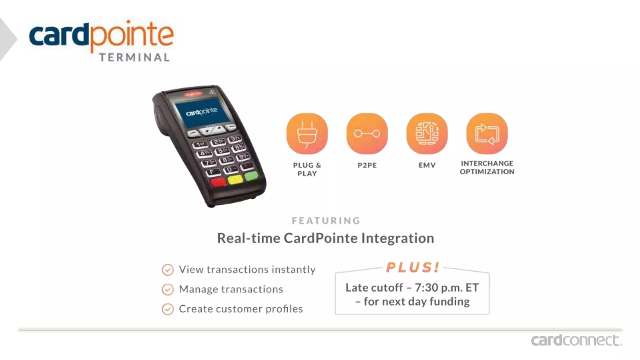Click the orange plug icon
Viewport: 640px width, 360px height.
(307, 133)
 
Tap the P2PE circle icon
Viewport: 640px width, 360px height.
(367, 133)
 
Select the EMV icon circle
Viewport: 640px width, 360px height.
(427, 133)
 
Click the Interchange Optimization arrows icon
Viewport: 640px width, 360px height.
(487, 133)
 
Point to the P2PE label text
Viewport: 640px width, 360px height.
(367, 165)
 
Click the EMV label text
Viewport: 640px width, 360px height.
(427, 165)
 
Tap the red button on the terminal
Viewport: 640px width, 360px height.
(218, 182)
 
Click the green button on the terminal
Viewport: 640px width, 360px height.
(251, 176)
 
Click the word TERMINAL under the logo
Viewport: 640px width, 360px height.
(135, 57)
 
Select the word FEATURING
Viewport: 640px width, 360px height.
(326, 221)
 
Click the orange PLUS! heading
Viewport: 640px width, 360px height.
(412, 267)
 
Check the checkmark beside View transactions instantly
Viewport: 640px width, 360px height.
(168, 270)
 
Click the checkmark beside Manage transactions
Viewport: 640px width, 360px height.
(168, 289)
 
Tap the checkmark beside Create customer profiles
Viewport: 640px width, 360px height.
(168, 309)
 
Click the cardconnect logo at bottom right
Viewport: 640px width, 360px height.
(576, 340)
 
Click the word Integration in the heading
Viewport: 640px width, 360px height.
(397, 238)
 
